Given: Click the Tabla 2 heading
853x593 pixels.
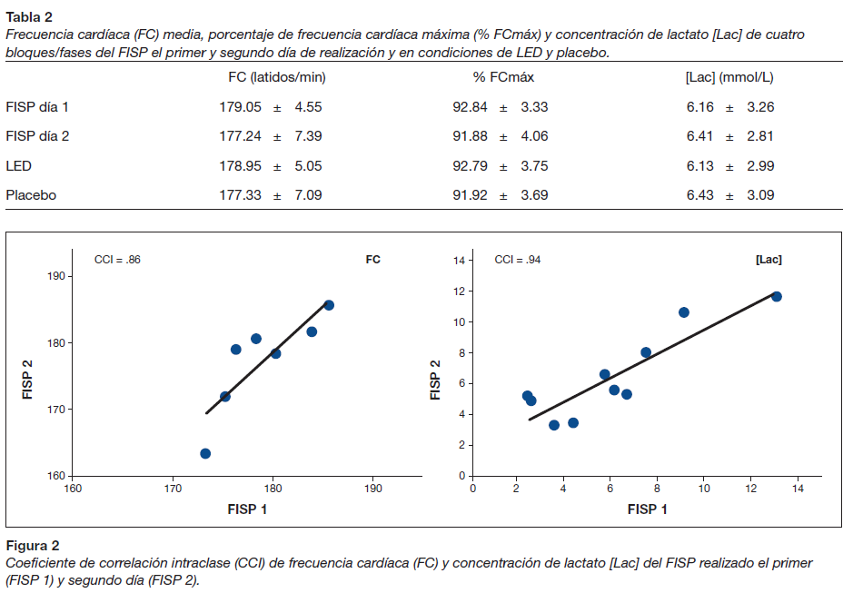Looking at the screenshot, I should [29, 15].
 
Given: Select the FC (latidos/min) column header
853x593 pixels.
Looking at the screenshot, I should [276, 78].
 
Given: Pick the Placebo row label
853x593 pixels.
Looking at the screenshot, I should [31, 195].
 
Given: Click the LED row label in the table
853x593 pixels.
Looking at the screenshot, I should [19, 166].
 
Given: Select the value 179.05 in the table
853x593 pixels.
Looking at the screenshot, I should [240, 107].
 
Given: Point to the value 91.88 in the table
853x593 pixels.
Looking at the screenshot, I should [471, 137].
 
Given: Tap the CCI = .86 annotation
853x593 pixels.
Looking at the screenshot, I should [117, 260].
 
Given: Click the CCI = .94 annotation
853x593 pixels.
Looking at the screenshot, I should [517, 260].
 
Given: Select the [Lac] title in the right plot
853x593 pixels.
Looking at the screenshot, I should [769, 260].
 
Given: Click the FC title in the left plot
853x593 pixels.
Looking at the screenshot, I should [372, 260].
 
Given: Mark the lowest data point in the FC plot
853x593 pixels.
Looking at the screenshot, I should [205, 453].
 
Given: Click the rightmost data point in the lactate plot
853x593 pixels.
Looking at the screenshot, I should [777, 297].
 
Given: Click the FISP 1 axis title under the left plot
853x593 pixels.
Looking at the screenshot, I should [247, 509].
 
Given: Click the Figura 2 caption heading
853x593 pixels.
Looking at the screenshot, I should [33, 546].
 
